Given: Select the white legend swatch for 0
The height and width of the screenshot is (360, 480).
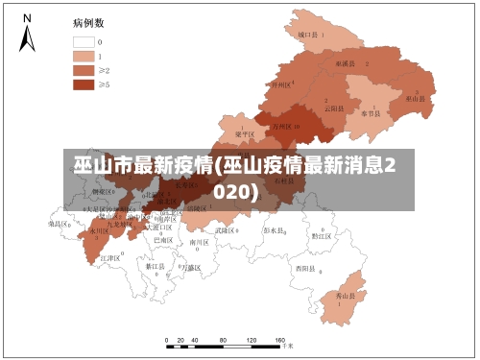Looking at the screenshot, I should (84, 42).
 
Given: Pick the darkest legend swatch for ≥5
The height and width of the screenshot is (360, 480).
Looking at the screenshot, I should (84, 84).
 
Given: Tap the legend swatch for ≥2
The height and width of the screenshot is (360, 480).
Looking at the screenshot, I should (84, 70).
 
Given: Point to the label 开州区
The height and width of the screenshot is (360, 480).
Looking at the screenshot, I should (281, 85).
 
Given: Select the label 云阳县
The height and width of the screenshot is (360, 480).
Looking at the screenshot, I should (333, 108).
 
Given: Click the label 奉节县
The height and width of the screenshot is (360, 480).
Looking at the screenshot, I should (372, 113).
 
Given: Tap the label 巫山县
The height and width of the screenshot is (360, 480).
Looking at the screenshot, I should (415, 98).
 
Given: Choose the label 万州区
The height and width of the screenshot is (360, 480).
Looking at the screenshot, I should (282, 126).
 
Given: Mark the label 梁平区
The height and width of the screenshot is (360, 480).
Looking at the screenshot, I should (245, 134).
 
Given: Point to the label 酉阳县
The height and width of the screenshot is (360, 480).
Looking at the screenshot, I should (306, 268).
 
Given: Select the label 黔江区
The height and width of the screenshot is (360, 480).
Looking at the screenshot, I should (322, 235).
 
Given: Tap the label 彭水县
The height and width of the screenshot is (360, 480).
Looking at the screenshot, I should (275, 230).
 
